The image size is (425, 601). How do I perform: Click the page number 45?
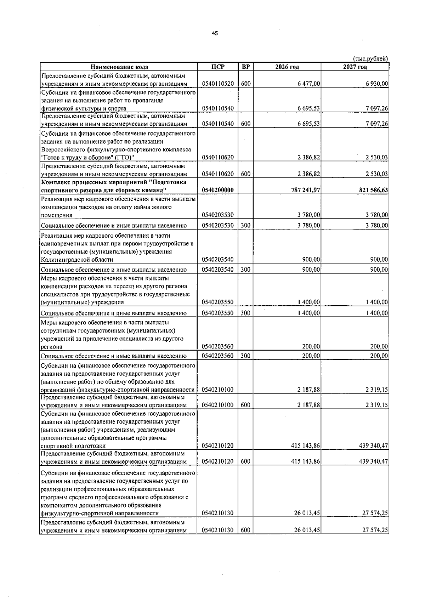point(215,33)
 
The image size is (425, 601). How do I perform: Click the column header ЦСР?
point(218,67)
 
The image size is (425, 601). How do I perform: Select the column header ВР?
point(245,67)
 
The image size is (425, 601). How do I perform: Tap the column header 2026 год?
point(287,67)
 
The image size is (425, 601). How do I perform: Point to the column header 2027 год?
point(355,67)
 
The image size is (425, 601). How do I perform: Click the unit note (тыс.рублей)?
point(370,58)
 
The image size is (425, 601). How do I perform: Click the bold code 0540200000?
point(218,190)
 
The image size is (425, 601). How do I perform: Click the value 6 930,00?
point(376,84)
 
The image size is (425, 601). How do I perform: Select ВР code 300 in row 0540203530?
point(245,225)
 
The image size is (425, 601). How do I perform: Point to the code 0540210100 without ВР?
point(218,390)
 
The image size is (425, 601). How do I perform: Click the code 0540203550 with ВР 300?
point(218,313)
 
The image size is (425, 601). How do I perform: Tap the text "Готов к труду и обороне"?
point(79,157)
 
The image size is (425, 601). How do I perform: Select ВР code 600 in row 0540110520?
point(245,84)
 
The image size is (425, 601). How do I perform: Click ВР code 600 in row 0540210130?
point(245,530)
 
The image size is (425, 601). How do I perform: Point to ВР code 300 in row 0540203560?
point(245,356)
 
